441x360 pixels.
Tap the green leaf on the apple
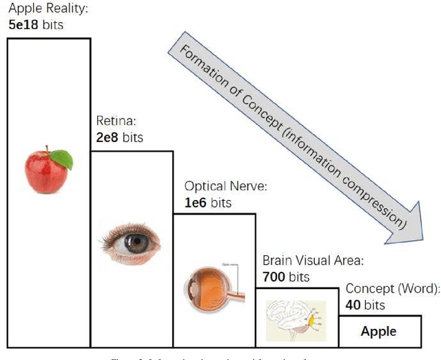coord(63,159)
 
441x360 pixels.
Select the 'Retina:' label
coord(116,122)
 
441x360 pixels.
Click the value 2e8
coord(107,137)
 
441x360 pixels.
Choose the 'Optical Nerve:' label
coord(225,187)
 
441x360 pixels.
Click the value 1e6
coord(196,203)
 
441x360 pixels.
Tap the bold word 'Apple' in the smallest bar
coord(378,332)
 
